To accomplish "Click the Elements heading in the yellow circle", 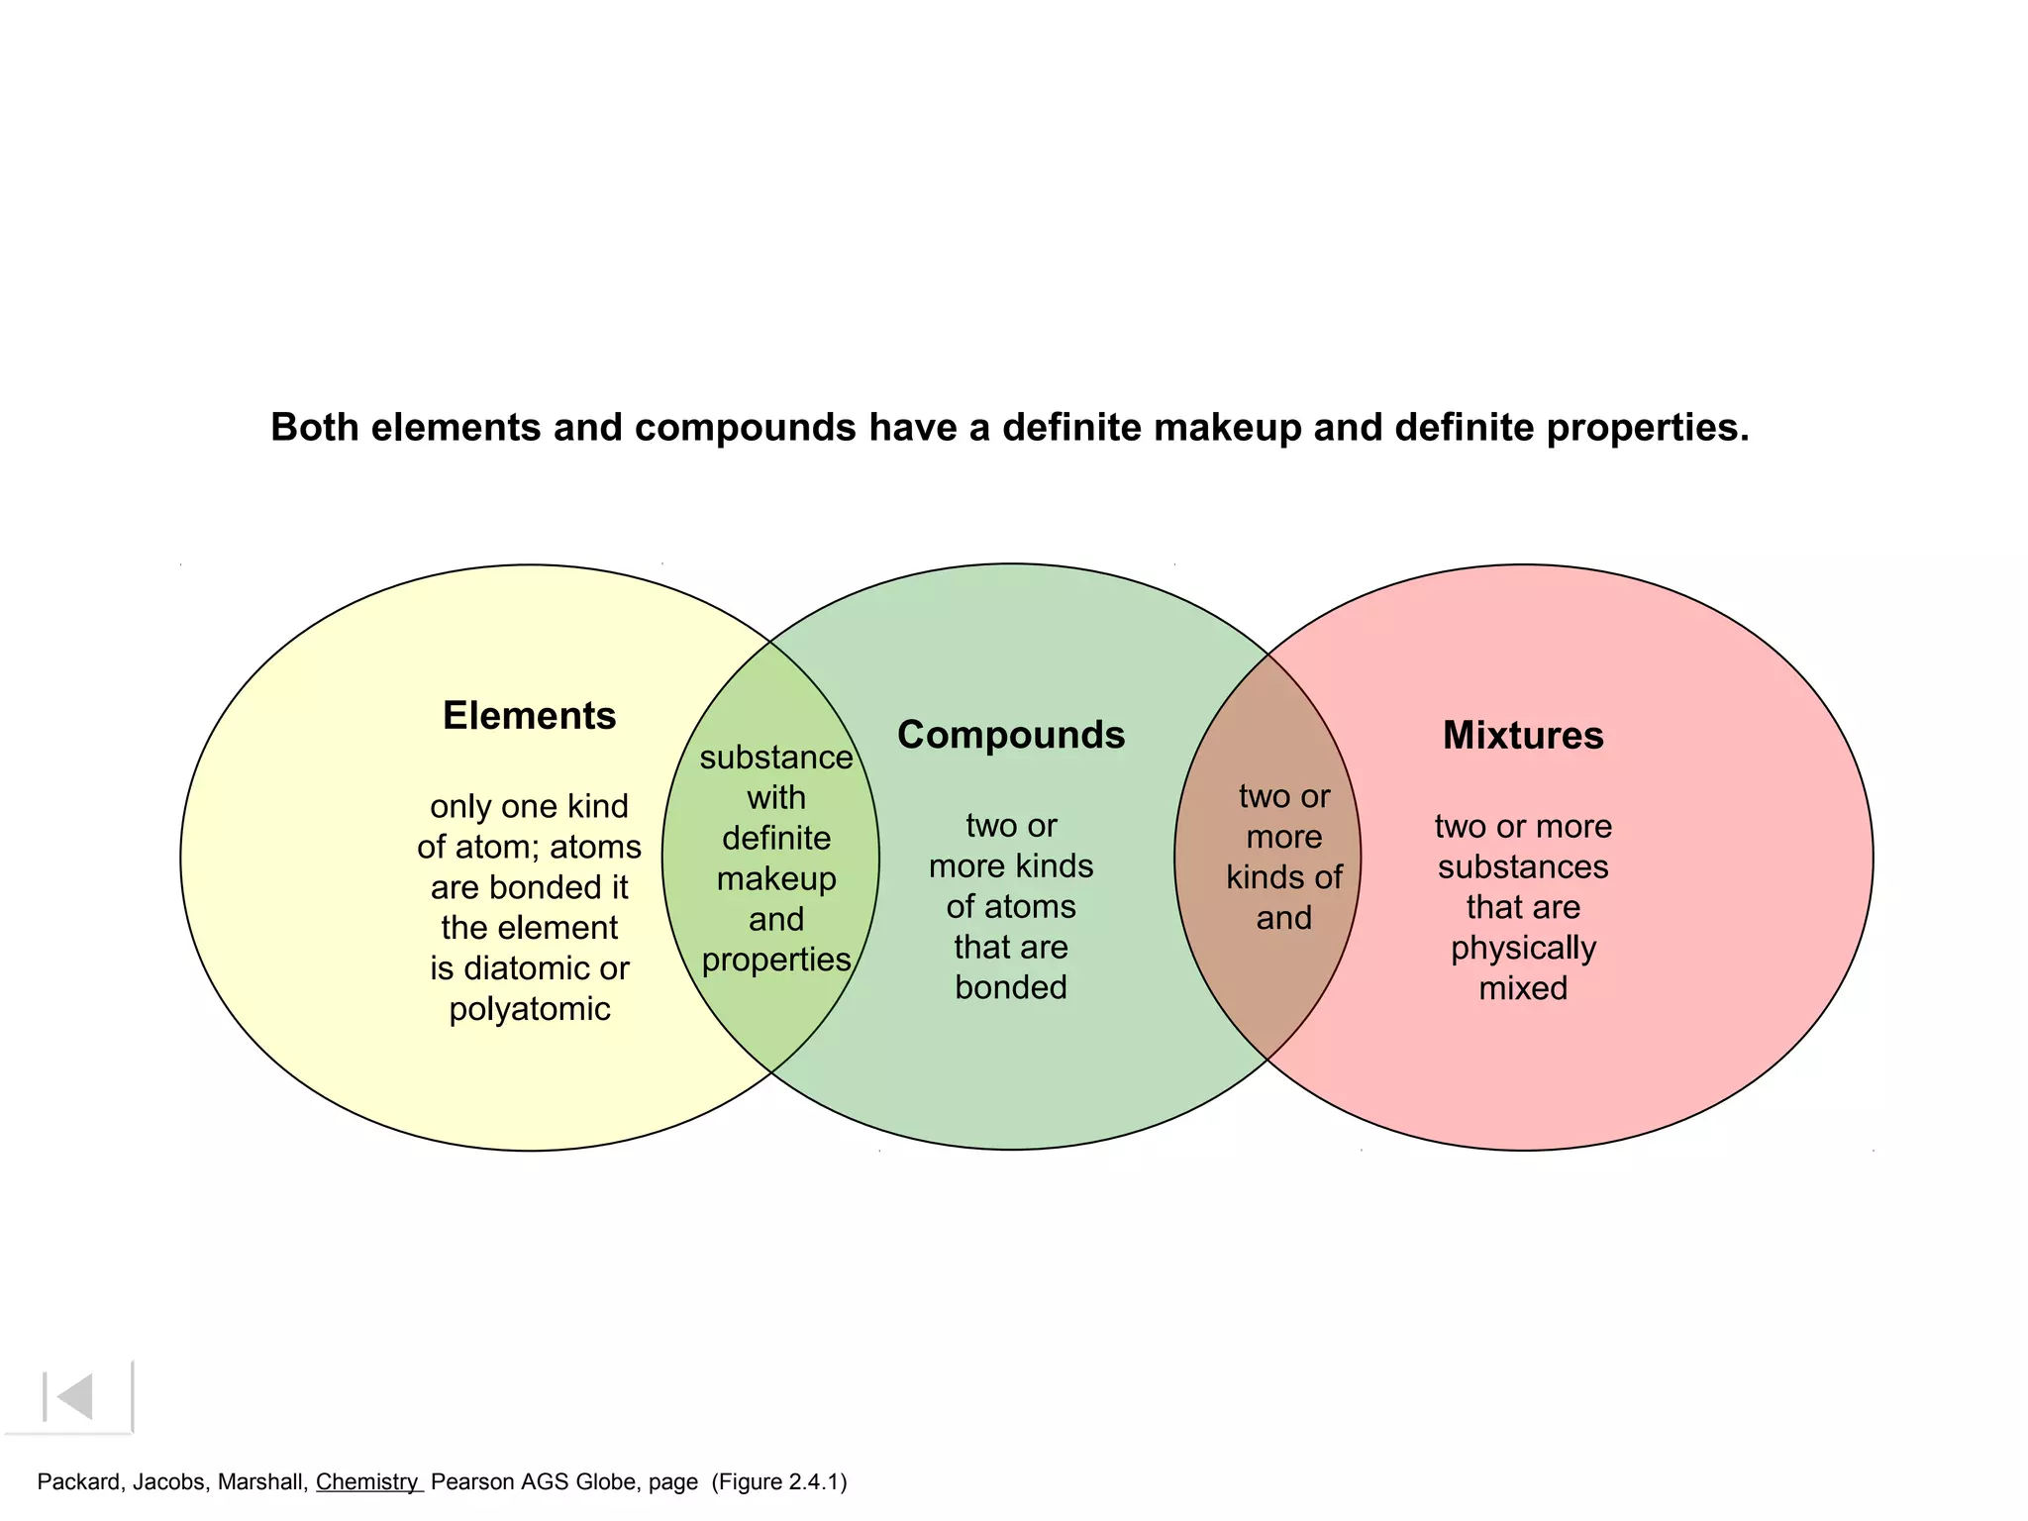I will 529,716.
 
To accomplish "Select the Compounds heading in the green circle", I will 1011,735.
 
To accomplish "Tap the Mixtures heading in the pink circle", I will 1523,735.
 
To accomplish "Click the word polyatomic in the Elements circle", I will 530,1009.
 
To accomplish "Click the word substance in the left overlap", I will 776,758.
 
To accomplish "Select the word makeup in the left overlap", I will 776,879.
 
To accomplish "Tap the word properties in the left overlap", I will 776,961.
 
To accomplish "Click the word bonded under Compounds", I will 1011,987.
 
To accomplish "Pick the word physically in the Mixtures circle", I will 1523,949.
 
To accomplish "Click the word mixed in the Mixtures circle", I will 1523,988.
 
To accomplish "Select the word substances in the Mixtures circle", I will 1523,867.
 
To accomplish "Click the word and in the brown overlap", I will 1284,919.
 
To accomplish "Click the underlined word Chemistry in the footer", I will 367,1482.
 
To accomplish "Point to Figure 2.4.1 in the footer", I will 779,1482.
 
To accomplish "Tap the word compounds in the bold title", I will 745,428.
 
